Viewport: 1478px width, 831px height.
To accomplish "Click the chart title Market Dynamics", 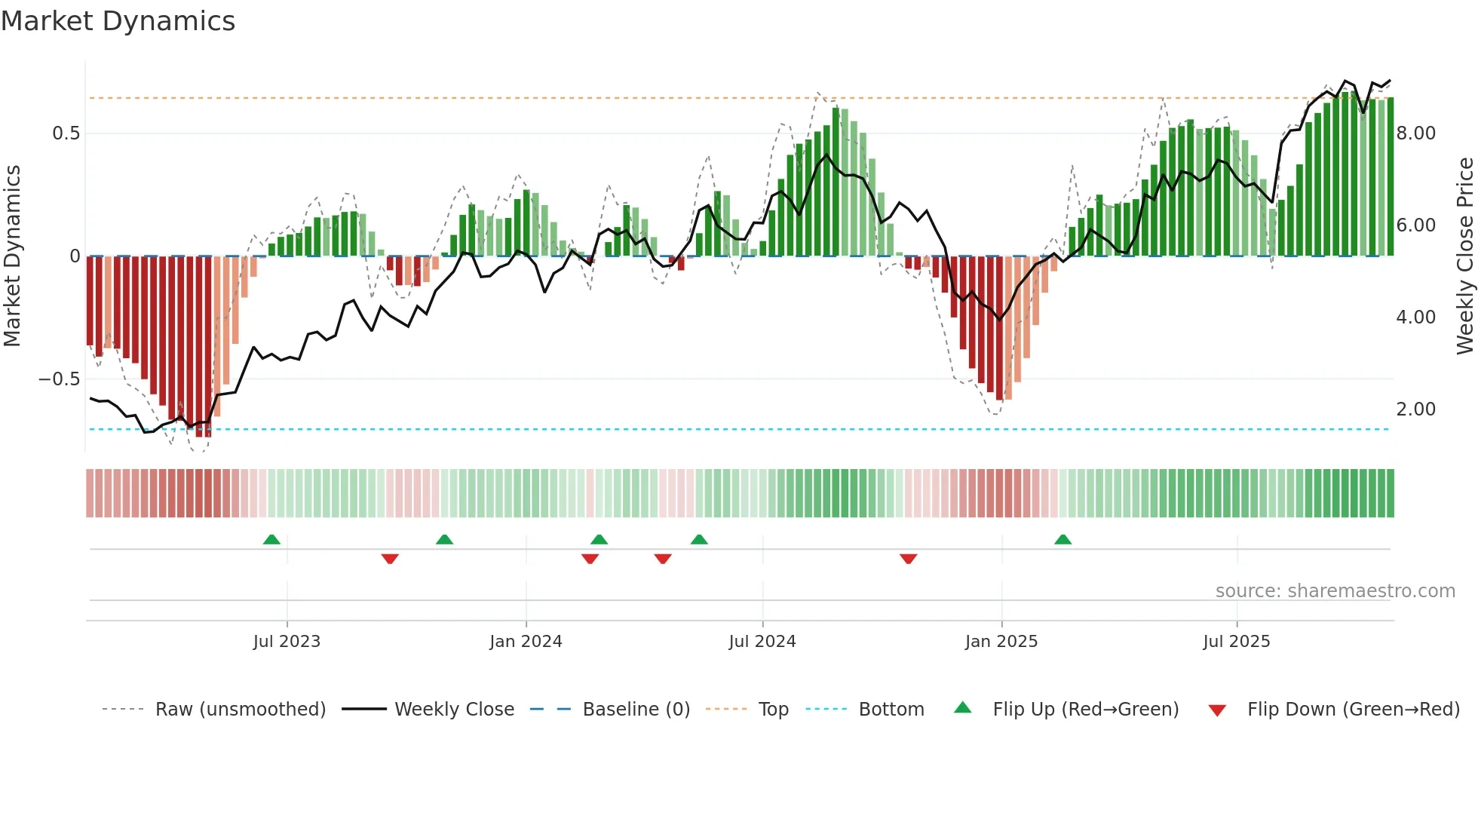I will click(118, 21).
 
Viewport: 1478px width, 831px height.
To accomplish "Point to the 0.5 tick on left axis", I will click(66, 133).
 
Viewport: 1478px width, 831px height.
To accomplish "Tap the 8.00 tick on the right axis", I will click(1415, 133).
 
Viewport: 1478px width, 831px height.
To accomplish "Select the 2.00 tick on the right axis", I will click(1415, 409).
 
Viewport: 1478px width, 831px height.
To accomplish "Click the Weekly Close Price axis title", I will click(1464, 256).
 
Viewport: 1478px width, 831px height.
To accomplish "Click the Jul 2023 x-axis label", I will click(287, 642).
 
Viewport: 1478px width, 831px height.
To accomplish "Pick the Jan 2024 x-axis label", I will click(526, 642).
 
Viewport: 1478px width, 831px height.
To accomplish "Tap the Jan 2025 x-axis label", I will click(1001, 642).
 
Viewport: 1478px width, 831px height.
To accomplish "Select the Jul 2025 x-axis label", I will click(1237, 642).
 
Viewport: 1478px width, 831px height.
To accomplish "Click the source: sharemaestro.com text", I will click(1335, 591).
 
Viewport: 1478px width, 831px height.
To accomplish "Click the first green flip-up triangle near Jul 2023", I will click(271, 539).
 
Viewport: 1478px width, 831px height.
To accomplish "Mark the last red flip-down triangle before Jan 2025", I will click(908, 559).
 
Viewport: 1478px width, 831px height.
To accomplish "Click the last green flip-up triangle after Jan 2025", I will click(1063, 539).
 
